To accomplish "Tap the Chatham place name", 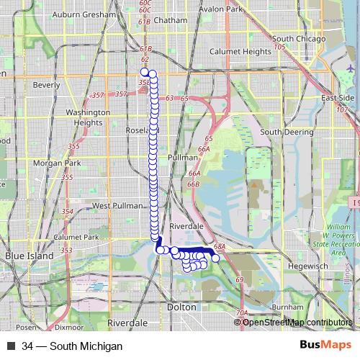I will tap(174, 21).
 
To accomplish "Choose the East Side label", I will tap(338, 98).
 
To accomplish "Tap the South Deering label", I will tap(280, 132).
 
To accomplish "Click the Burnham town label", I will tap(289, 306).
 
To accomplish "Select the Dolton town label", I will tap(181, 307).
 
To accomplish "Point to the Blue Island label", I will tap(24, 256).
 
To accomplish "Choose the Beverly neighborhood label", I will tap(47, 85).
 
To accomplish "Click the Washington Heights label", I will tap(87, 117).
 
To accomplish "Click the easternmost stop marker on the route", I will tap(215, 258).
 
